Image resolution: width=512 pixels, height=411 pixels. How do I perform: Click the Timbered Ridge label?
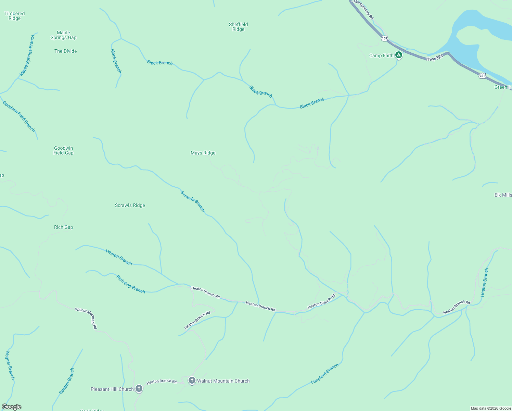coord(14,16)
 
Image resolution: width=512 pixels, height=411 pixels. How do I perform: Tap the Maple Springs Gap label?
coord(63,35)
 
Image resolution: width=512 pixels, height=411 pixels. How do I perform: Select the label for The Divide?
coord(65,51)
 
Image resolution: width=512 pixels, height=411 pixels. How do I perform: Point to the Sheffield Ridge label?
coord(238,27)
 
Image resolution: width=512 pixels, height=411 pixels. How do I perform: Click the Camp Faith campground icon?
coord(398,55)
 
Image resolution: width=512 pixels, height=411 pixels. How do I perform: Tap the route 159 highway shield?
coord(384,38)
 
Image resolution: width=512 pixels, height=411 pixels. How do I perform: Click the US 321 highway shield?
coord(482,76)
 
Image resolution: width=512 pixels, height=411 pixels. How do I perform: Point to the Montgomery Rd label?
coord(363,9)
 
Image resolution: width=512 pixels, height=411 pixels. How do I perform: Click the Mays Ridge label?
coord(203,153)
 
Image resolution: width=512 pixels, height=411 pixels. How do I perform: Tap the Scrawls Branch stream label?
coord(193,201)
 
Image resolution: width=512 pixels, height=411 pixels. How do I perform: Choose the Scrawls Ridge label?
coord(130,206)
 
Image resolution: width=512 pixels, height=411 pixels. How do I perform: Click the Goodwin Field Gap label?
coord(63,151)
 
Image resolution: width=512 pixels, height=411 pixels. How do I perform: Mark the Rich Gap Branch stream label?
coord(131,284)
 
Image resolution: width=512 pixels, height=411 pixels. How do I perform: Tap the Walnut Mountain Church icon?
coord(192,381)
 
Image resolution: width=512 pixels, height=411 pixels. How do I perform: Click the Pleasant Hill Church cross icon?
coord(139,388)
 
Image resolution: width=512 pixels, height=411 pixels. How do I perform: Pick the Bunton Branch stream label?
coord(66,381)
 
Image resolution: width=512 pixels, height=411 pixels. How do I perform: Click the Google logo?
coord(12,407)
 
